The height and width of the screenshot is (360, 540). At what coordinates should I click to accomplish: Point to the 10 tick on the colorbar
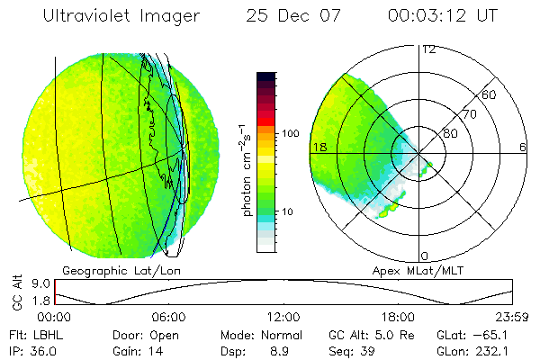click(288, 211)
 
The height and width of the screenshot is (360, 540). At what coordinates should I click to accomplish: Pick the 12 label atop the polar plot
click(428, 49)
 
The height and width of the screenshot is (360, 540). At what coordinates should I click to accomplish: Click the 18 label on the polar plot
click(318, 146)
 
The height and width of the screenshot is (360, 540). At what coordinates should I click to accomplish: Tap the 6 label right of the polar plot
click(523, 146)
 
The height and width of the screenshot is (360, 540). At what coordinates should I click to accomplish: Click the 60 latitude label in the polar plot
click(489, 94)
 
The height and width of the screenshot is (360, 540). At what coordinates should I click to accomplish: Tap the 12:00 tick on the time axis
click(283, 317)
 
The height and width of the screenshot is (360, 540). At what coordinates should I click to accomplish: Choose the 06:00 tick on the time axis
click(169, 317)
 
